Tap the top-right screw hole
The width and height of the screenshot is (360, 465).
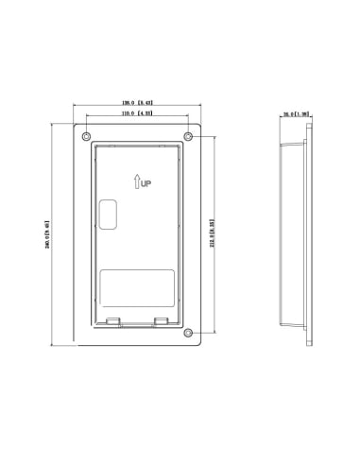pyautogui.click(x=188, y=137)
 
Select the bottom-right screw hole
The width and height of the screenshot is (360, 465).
pyautogui.click(x=188, y=332)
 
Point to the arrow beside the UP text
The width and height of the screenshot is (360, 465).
pyautogui.click(x=137, y=182)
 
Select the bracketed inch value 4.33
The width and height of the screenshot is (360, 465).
pyautogui.click(x=146, y=113)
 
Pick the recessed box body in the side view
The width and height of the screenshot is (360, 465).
pyautogui.click(x=293, y=236)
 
